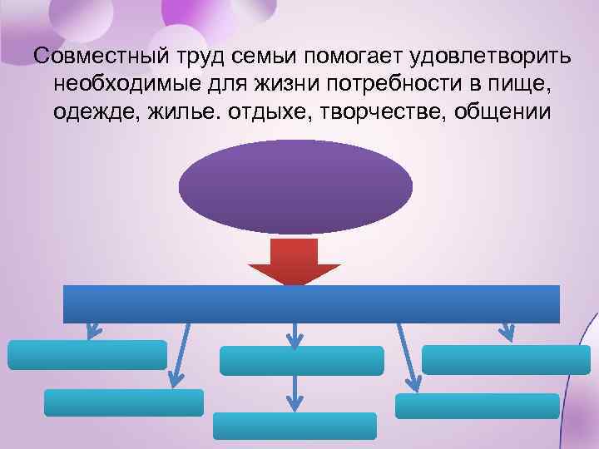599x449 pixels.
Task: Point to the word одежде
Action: click(91, 111)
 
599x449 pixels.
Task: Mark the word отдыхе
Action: click(260, 111)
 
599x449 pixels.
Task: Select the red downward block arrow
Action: click(295, 260)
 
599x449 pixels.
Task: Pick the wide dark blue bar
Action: click(311, 303)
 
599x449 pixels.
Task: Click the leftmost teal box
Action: click(87, 355)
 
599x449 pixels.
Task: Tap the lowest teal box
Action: click(295, 426)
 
